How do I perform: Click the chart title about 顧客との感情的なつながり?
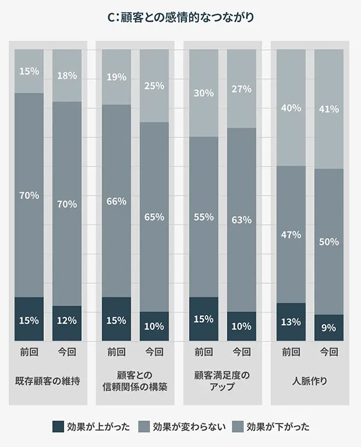pyautogui.click(x=180, y=17)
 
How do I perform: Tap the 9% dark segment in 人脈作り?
pyautogui.click(x=329, y=328)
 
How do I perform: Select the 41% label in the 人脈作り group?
pyautogui.click(x=329, y=110)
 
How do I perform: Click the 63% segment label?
pyautogui.click(x=242, y=220)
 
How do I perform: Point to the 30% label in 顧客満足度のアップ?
pyautogui.click(x=204, y=93)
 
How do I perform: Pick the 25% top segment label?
pyautogui.click(x=155, y=86)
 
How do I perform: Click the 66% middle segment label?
pyautogui.click(x=117, y=201)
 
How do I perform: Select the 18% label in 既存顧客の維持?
pyautogui.click(x=67, y=75)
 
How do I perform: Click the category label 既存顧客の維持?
pyautogui.click(x=48, y=381)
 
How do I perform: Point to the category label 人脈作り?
pyautogui.click(x=310, y=381)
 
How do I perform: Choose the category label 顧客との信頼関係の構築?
pyautogui.click(x=135, y=381)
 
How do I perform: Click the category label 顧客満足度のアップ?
pyautogui.click(x=223, y=381)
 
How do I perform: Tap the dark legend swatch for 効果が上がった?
pyautogui.click(x=58, y=427)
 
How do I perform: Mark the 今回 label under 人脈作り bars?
pyautogui.click(x=329, y=352)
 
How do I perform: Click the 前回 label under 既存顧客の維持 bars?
pyautogui.click(x=29, y=352)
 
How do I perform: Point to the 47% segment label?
pyautogui.click(x=291, y=235)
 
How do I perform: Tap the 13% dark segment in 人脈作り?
pyautogui.click(x=291, y=322)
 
